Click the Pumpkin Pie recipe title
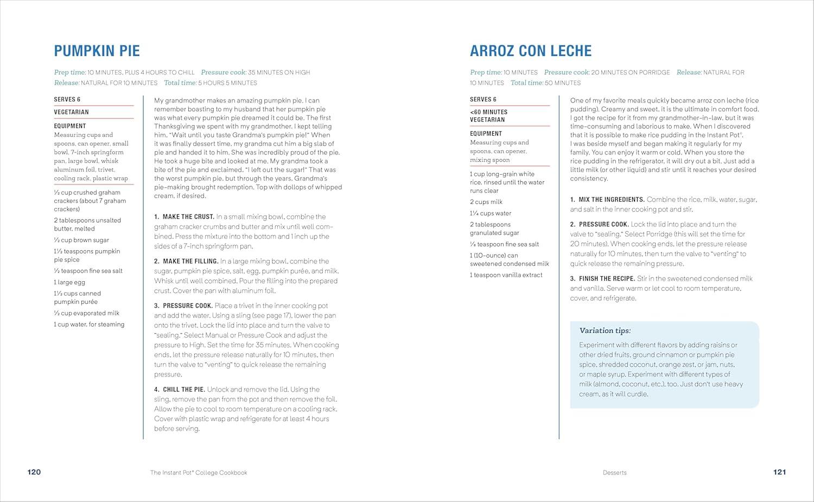[x=97, y=51]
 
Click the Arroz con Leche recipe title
[x=530, y=51]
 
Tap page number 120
[x=34, y=472]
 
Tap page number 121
[x=779, y=472]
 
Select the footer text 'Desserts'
[x=614, y=473]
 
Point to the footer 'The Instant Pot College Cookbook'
[x=199, y=473]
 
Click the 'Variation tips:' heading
[x=605, y=331]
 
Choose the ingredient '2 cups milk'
[x=486, y=202]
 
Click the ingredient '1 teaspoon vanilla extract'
[x=506, y=275]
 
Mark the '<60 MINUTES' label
[x=488, y=112]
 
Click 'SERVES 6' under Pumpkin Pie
[x=67, y=99]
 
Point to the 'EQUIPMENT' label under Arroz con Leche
[x=486, y=134]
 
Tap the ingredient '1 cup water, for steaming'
[x=89, y=325]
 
